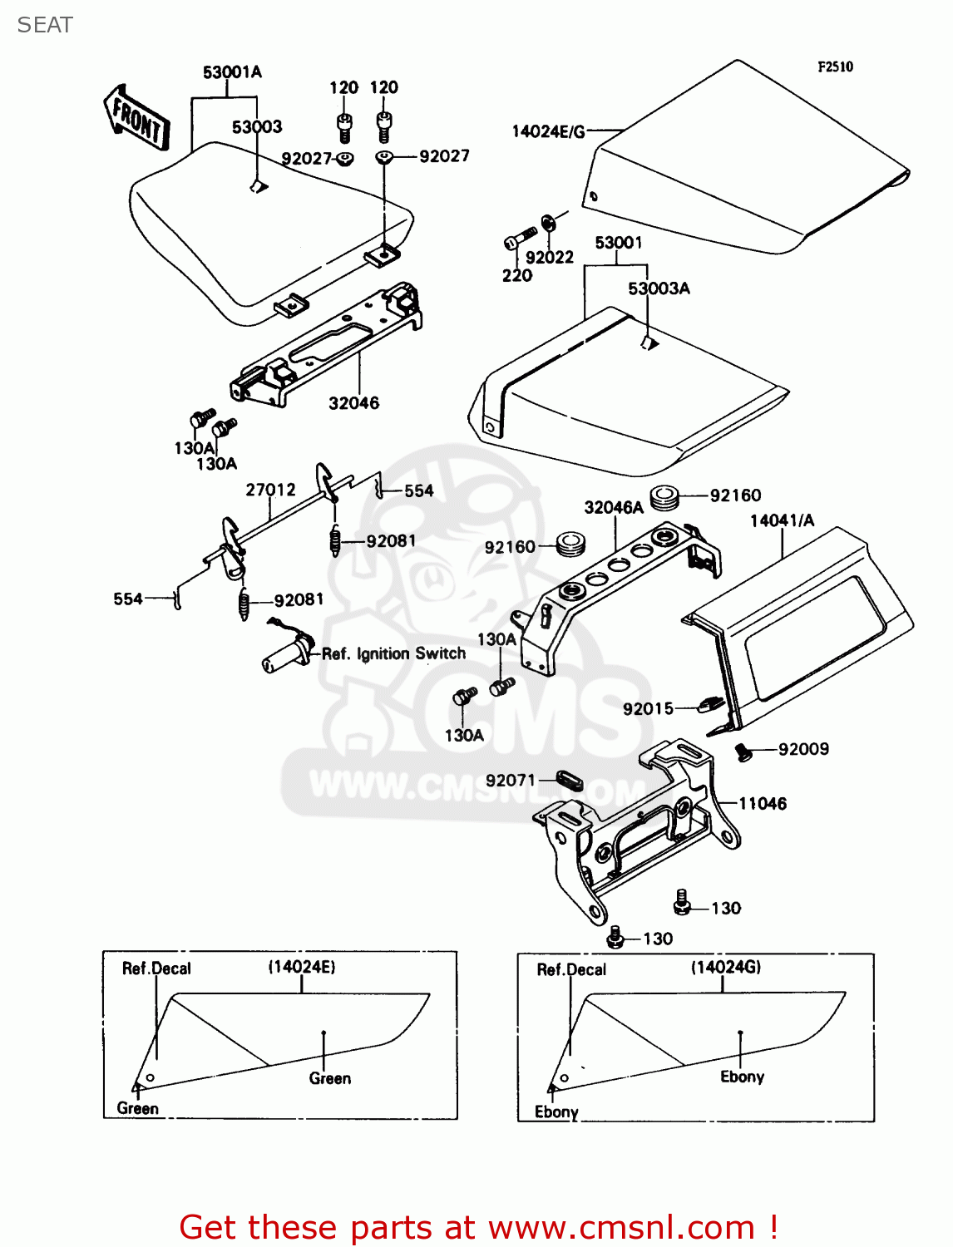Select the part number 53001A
tap(232, 72)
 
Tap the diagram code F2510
tap(835, 67)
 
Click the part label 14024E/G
tap(548, 131)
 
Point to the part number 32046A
tap(614, 507)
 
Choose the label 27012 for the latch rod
tap(270, 490)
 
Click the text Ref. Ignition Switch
tap(393, 653)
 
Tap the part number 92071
tap(510, 781)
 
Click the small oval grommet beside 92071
tap(569, 781)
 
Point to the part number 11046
tap(763, 804)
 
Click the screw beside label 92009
tap(743, 752)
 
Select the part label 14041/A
tap(782, 520)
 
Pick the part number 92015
tap(648, 708)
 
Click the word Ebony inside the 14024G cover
tap(742, 1077)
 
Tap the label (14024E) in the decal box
tap(301, 967)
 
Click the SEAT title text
tap(45, 25)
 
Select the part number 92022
tap(549, 258)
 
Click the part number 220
tap(516, 275)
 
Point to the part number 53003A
tap(659, 288)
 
